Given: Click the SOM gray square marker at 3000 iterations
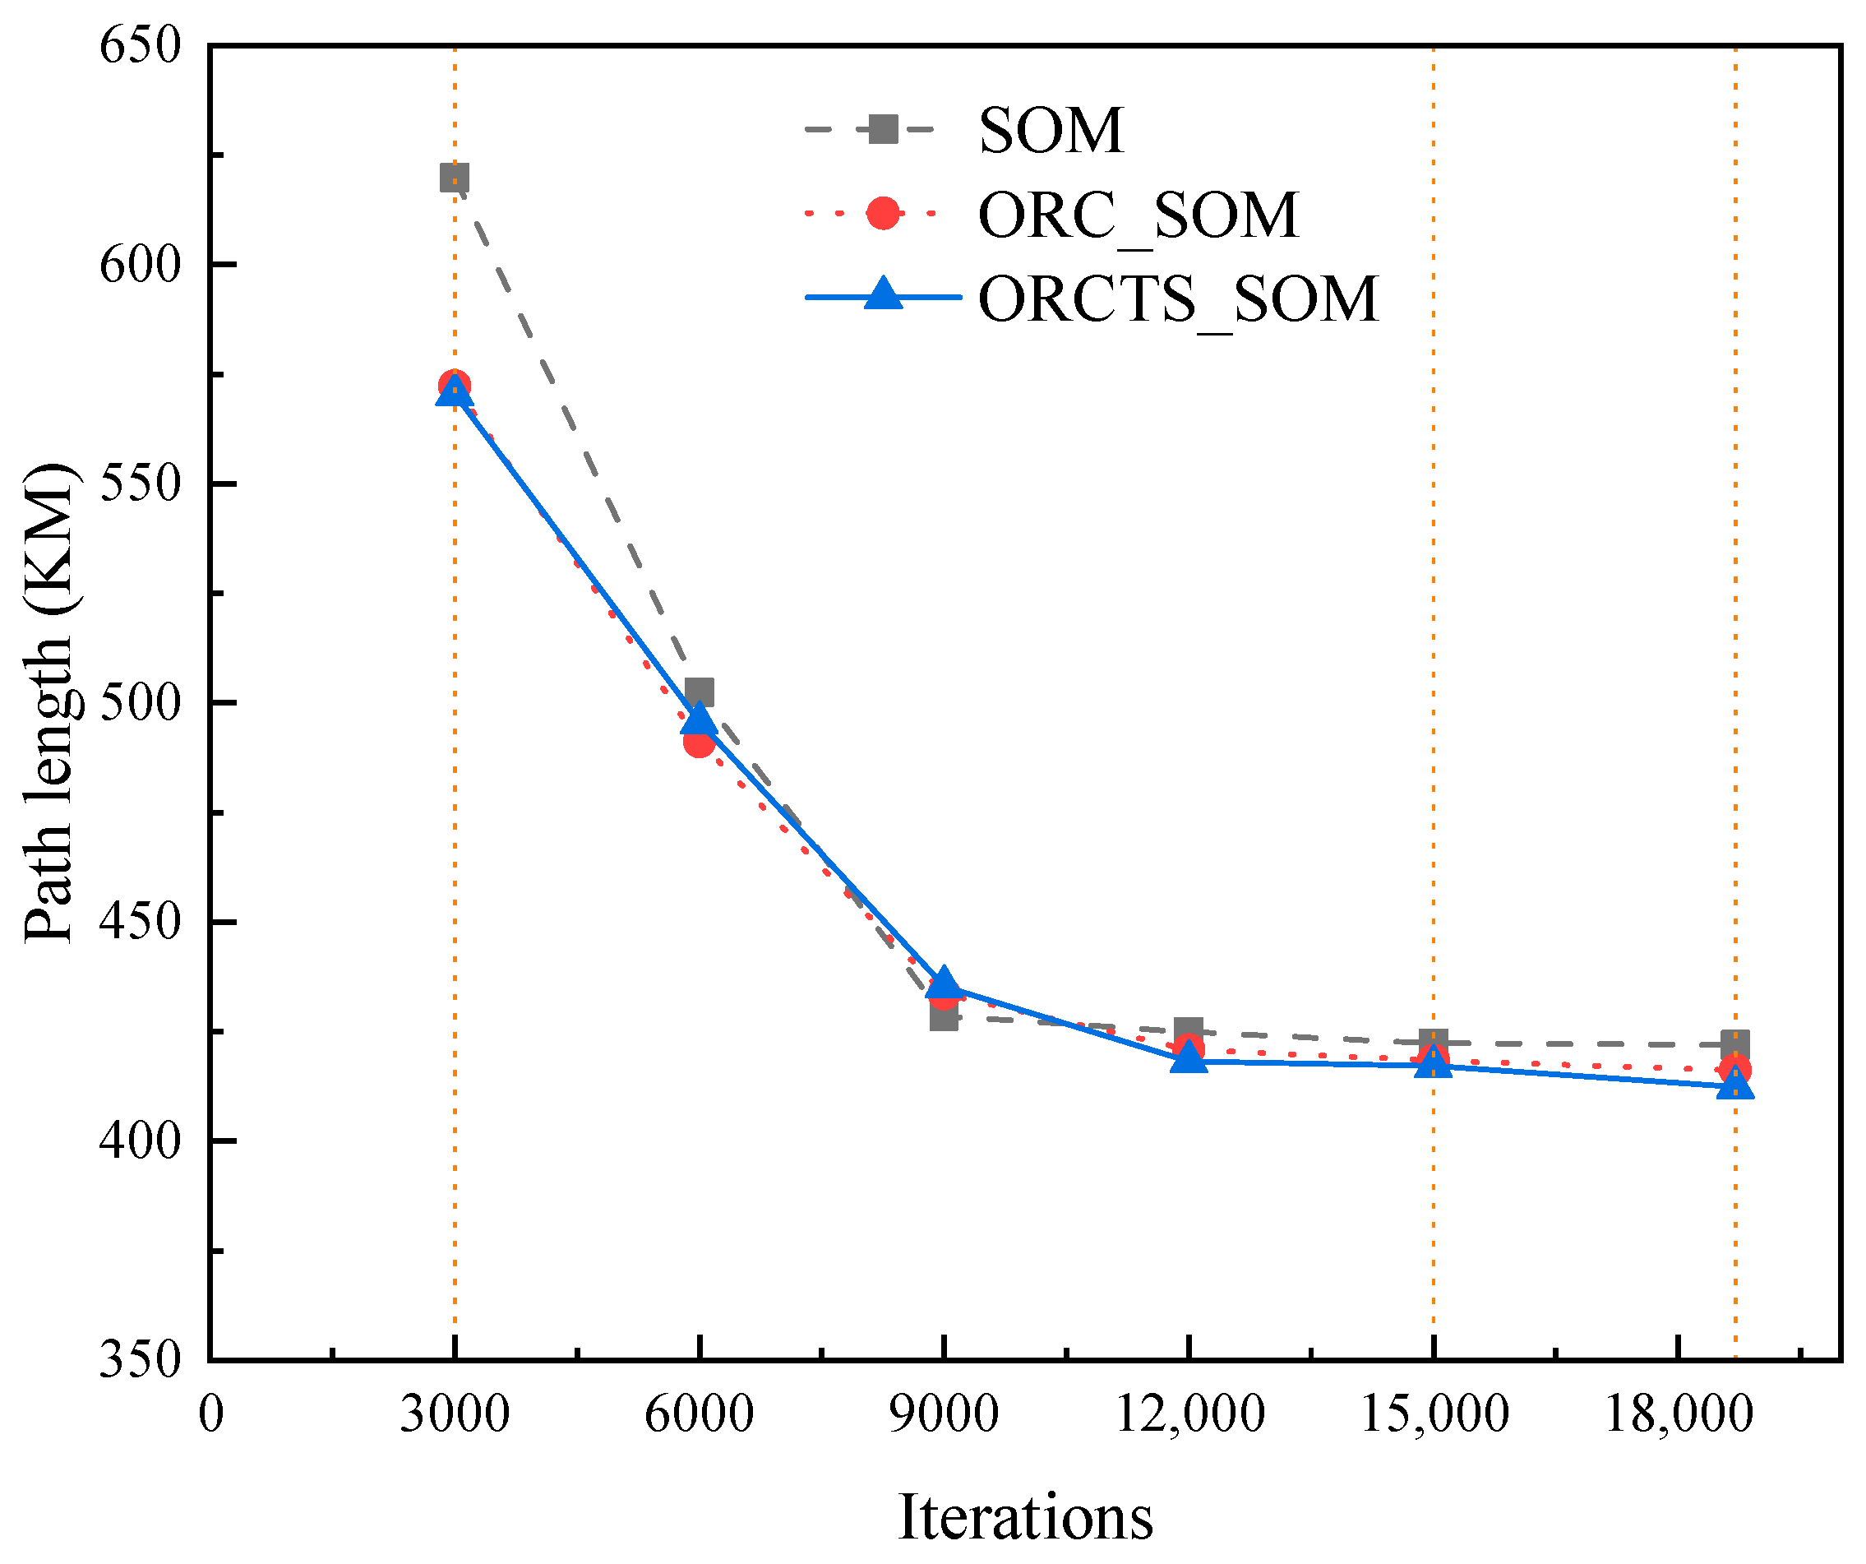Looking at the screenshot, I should point(454,178).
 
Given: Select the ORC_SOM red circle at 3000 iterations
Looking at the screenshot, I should point(454,386).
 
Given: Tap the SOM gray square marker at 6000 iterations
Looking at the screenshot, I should point(700,692).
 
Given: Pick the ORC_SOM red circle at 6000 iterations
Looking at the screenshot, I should point(700,741).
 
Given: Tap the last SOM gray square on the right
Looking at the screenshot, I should point(1735,1044).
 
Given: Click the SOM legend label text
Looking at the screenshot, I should point(1051,131).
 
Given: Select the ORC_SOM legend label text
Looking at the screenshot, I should point(1139,215).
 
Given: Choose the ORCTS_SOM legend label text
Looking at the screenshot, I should point(1178,298).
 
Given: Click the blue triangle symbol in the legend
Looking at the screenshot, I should point(883,294).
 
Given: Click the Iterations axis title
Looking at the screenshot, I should point(1025,1518).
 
